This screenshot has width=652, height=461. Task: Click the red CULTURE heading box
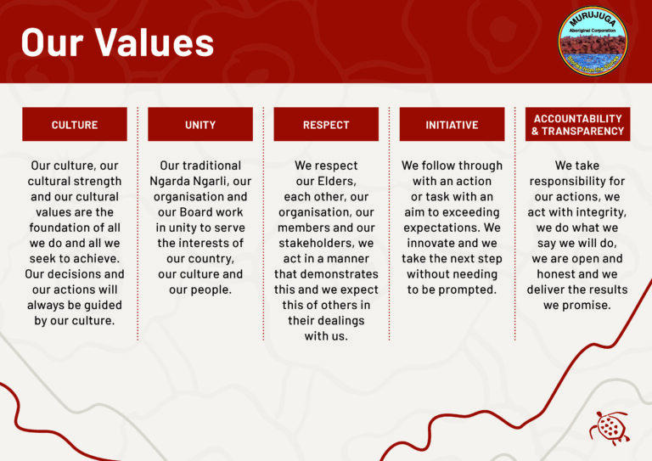click(75, 125)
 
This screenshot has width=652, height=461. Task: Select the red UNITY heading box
click(200, 125)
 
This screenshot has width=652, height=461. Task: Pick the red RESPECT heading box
click(326, 125)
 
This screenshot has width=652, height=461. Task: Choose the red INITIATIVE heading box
click(452, 125)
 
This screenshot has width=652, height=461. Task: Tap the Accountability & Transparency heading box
click(577, 125)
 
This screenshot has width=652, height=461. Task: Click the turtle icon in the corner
click(609, 427)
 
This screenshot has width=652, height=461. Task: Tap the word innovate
click(430, 244)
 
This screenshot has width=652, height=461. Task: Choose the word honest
click(560, 274)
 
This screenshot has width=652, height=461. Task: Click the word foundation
click(59, 228)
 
